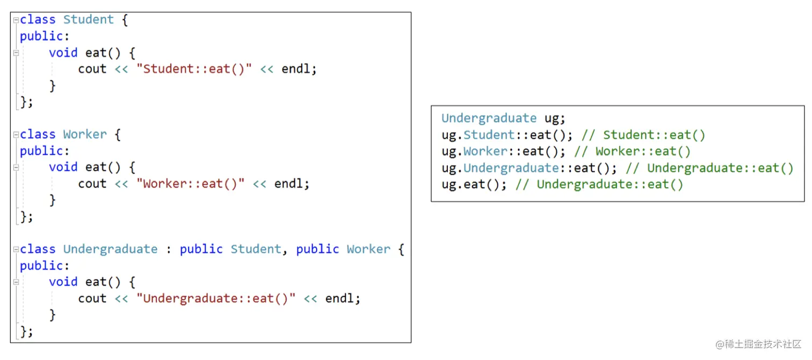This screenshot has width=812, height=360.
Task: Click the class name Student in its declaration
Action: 88,20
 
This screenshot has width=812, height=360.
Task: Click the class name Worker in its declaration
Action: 85,134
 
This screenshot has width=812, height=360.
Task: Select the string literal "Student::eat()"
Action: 197,69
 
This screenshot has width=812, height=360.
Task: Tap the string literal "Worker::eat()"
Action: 190,184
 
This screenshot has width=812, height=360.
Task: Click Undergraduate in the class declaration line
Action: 110,249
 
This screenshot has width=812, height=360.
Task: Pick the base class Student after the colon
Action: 256,249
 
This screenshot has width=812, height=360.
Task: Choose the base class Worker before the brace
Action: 368,249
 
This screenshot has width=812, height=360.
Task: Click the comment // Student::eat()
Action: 643,135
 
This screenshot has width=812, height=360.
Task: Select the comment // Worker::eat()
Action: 633,152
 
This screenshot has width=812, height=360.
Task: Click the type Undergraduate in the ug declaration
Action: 489,118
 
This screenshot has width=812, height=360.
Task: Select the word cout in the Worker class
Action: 92,184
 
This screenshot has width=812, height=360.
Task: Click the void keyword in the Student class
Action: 63,53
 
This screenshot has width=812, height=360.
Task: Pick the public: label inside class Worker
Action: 45,151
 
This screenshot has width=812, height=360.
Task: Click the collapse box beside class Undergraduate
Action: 16,249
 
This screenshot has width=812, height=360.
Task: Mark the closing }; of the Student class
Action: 26,102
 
